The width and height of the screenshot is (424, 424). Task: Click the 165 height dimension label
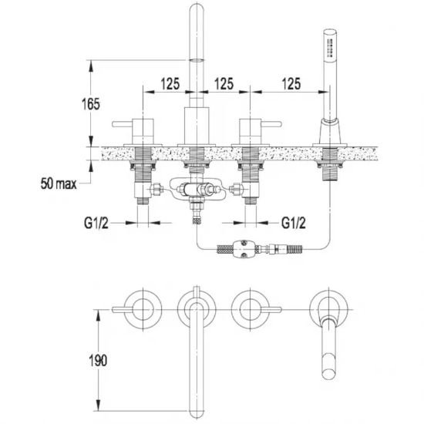tap(91, 104)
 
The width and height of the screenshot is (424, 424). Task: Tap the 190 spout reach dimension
tap(98, 360)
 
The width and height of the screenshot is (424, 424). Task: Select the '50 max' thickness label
tap(59, 184)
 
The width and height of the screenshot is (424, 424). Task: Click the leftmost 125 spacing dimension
tap(170, 83)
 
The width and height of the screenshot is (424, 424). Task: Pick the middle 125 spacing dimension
tap(224, 83)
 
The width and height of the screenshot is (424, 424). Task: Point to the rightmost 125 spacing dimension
tap(291, 83)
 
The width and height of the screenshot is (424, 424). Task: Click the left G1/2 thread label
tap(96, 223)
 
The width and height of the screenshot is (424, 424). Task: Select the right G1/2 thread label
tap(294, 223)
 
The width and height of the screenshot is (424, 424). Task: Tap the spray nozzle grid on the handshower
tap(329, 48)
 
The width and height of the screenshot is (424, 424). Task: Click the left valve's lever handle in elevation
tap(123, 124)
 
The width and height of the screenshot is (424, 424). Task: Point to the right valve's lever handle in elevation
tap(271, 124)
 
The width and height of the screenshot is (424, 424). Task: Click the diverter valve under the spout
tap(197, 190)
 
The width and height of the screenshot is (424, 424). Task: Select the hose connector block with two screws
tap(244, 248)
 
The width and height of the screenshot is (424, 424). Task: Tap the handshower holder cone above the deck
tap(330, 131)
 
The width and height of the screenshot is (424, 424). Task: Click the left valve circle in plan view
tap(143, 310)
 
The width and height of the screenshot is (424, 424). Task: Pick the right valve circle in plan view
tap(251, 310)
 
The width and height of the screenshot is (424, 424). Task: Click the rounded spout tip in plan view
tap(197, 413)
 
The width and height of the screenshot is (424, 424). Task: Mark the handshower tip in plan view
tap(329, 374)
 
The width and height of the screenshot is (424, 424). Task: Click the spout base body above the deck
tap(197, 126)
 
